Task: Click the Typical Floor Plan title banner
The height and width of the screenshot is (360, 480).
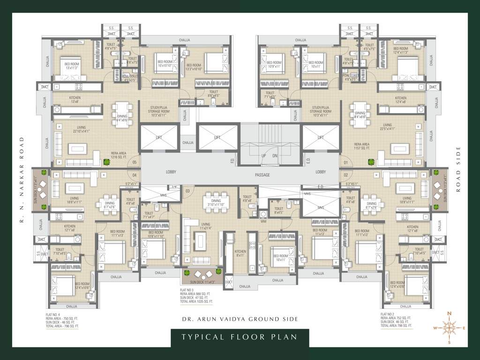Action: [x=240, y=337]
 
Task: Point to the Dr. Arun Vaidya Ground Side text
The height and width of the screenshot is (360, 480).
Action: [x=240, y=319]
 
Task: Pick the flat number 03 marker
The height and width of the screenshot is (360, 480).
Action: [x=187, y=191]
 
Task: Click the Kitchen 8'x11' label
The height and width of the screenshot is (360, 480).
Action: [x=240, y=254]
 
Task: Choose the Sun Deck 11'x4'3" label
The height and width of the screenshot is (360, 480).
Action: [x=202, y=282]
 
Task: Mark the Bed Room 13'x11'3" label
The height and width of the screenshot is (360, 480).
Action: [x=71, y=66]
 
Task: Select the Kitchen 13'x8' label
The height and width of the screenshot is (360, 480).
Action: [x=62, y=99]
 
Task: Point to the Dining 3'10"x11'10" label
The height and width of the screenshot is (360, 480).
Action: [x=216, y=202]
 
